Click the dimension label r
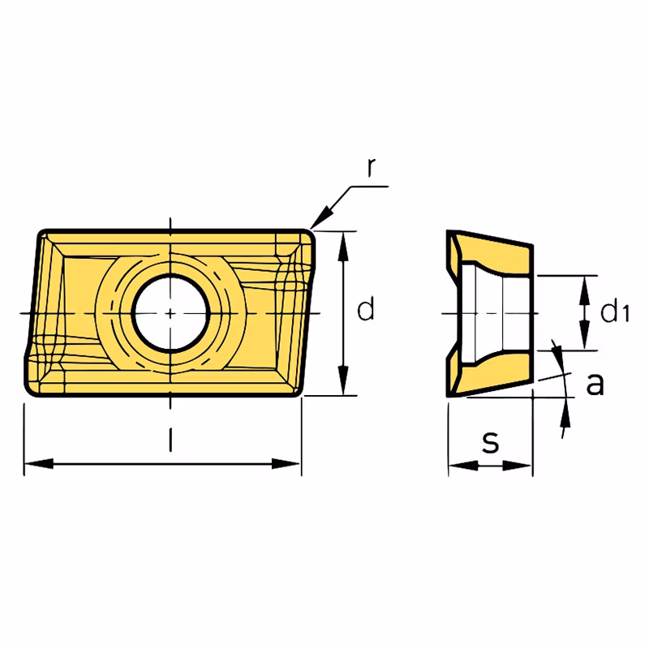372,168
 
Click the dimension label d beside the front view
366,308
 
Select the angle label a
595,384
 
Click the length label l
170,440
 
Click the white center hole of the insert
170,313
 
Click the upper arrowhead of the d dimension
342,247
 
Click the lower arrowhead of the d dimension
342,380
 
